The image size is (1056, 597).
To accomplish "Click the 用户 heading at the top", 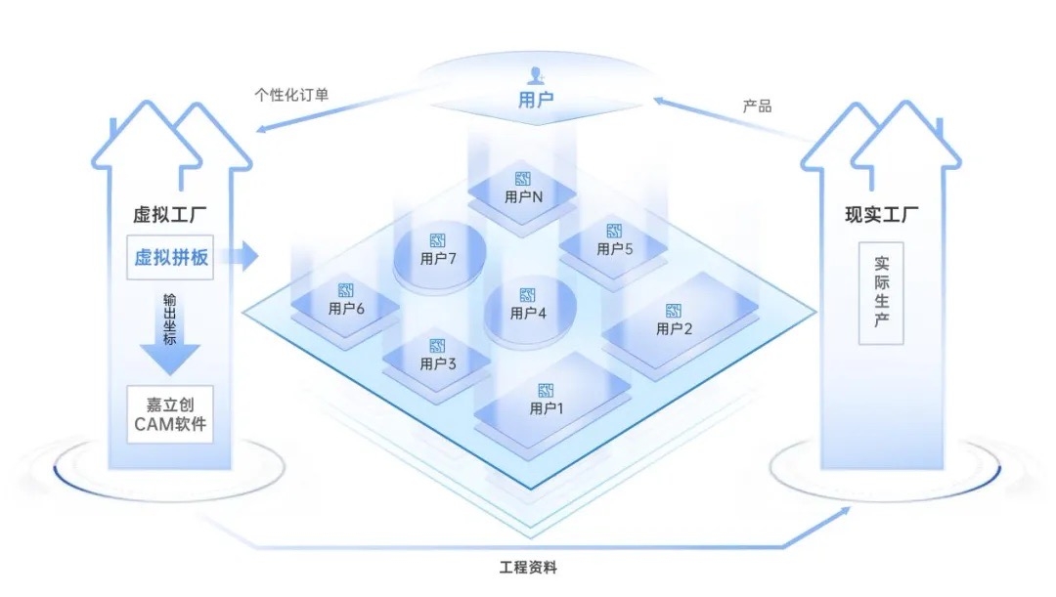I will pos(536,99).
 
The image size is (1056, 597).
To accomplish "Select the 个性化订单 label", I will pos(291,96).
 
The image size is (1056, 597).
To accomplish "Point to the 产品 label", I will pos(757,106).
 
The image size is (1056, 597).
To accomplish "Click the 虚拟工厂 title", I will pos(170,214).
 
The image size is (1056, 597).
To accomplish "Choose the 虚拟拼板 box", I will pos(171,258).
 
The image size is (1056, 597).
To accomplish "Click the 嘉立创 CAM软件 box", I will pos(171,414).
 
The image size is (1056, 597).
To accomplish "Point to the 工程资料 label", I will pos(527,567).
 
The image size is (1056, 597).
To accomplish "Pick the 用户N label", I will pos(523,196).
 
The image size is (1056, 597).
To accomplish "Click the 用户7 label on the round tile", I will pos(439,259).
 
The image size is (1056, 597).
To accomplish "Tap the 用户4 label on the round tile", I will pos(528,314).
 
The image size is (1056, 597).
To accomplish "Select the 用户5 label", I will pos(615,249).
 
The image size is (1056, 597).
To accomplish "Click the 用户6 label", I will pos(346,309).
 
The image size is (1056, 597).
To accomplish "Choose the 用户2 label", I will pos(675,328).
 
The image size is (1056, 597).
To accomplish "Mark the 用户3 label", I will pos(438,363).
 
